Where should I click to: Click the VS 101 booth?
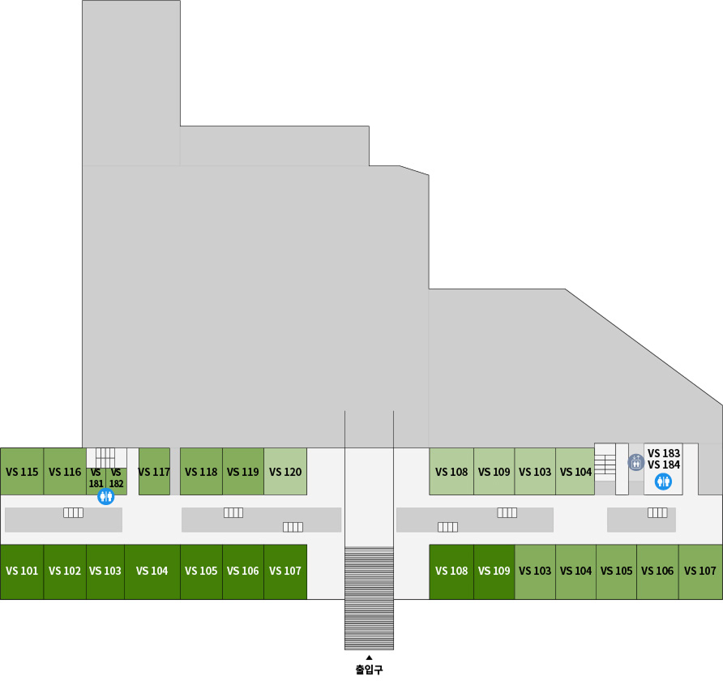tap(22, 572)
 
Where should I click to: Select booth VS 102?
tap(65, 572)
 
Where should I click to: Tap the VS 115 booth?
tap(22, 472)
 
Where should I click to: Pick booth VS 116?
tap(65, 472)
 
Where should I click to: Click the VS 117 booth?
tap(154, 472)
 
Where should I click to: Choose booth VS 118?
tap(201, 472)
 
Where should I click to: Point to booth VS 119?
tap(243, 472)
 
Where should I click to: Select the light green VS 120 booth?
tap(285, 472)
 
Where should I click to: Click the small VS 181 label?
tap(96, 477)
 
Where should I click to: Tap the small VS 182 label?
tap(116, 477)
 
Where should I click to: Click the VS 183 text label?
tap(664, 453)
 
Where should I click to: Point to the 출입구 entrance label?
tap(369, 670)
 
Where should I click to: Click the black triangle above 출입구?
tap(369, 657)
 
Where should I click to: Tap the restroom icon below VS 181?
tap(106, 497)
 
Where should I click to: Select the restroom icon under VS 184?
tap(664, 482)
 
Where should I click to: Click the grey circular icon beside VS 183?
tap(636, 462)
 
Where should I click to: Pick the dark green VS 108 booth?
tap(451, 572)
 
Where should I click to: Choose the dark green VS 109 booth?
tap(494, 572)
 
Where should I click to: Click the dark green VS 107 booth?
tap(285, 572)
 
